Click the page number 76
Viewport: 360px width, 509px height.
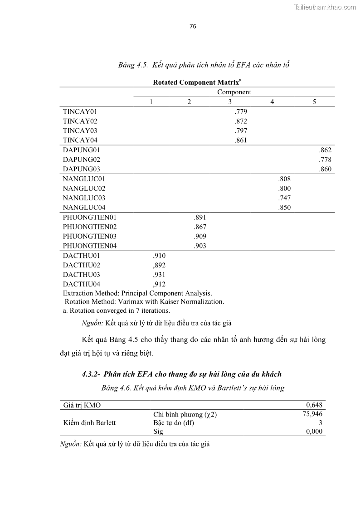[x=193, y=26]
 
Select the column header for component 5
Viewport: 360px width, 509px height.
[x=314, y=102]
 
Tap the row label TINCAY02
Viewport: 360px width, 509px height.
[x=80, y=121]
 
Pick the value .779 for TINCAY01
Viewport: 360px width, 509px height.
[x=241, y=111]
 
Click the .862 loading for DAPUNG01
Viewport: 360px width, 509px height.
[x=325, y=150]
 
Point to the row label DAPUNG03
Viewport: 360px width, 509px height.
[x=82, y=170]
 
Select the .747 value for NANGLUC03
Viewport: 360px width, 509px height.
[x=284, y=198]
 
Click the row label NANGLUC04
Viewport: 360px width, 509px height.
[x=84, y=208]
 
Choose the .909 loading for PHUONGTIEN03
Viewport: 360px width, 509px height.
[x=199, y=236]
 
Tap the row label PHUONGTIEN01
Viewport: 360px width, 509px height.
[x=90, y=217]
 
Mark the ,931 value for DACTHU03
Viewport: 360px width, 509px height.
[x=159, y=275]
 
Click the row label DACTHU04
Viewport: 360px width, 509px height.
[x=82, y=284]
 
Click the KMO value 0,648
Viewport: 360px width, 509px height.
[x=314, y=405]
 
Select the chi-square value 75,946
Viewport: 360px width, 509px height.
[x=312, y=413]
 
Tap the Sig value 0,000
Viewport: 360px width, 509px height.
[x=314, y=431]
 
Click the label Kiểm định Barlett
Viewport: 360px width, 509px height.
[x=89, y=423]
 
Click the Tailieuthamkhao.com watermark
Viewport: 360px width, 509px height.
[x=325, y=7]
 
